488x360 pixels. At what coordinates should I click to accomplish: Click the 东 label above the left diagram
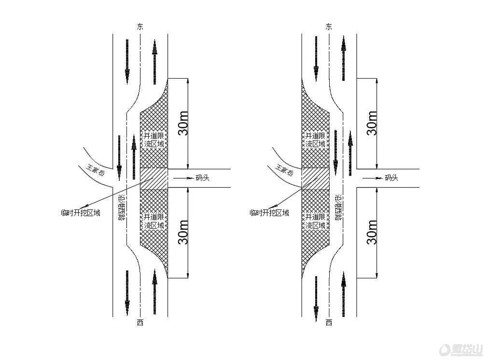(x=140, y=27)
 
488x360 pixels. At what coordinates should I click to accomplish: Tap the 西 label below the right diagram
(x=329, y=323)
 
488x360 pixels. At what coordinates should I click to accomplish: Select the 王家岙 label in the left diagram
(x=95, y=170)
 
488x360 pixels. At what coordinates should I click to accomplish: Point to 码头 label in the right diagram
(x=391, y=178)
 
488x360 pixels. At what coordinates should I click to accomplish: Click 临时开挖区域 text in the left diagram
(x=81, y=213)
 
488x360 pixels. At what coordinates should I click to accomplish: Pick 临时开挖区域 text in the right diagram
(x=270, y=213)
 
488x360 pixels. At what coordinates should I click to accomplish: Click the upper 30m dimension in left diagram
(x=183, y=123)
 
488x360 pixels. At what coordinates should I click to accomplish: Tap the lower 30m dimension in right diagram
(x=372, y=232)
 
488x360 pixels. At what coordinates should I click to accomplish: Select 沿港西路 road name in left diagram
(x=122, y=208)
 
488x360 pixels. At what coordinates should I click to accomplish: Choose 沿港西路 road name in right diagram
(x=338, y=208)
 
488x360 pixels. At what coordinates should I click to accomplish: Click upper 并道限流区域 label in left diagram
(x=154, y=140)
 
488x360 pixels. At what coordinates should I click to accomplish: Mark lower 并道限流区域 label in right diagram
(x=315, y=221)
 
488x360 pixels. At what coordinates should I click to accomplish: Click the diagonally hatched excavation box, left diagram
(x=154, y=179)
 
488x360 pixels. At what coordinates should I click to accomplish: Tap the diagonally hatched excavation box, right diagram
(x=316, y=179)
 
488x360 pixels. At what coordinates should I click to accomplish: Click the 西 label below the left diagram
(x=140, y=323)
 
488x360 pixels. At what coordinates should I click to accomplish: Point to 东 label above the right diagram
(x=329, y=27)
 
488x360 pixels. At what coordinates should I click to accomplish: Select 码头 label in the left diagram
(x=202, y=178)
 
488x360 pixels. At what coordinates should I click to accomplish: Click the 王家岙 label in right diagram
(x=284, y=170)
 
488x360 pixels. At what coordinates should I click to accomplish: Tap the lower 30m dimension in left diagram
(x=183, y=232)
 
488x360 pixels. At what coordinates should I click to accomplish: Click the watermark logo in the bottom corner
(x=461, y=350)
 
